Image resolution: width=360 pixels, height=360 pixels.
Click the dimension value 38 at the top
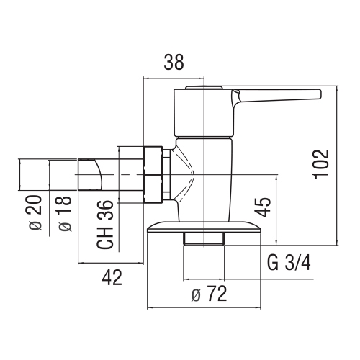(x=174, y=62)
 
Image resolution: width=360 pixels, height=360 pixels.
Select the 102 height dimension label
(x=321, y=164)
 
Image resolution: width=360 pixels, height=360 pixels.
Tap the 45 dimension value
(x=263, y=207)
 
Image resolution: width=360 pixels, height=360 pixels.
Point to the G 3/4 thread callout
(x=289, y=263)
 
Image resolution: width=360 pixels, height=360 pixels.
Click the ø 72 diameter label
(x=209, y=294)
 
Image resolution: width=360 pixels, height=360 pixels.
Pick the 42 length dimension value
(x=112, y=277)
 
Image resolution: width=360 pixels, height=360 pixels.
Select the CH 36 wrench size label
(x=104, y=225)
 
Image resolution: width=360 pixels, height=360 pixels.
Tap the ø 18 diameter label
(x=64, y=214)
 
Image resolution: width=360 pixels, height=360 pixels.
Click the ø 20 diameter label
(x=35, y=213)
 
